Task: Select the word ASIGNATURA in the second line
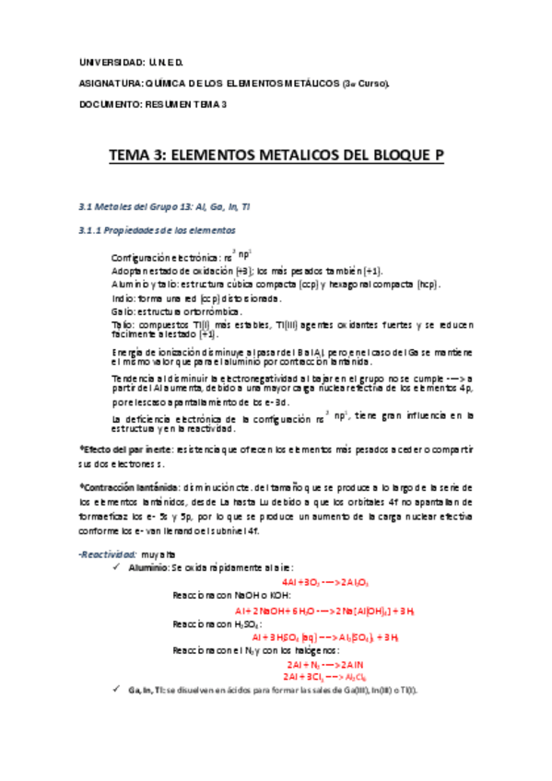[x=107, y=83]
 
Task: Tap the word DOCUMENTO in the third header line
[x=104, y=103]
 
